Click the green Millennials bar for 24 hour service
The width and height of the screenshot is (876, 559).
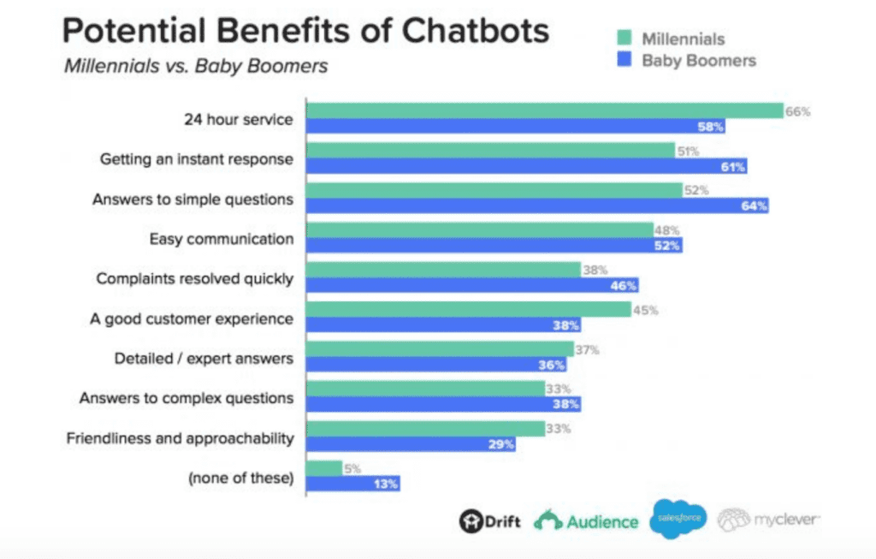(545, 110)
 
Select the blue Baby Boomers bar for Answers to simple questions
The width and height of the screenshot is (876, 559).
(537, 205)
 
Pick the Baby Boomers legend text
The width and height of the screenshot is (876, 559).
(699, 60)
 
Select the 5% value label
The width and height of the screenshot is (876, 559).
(351, 468)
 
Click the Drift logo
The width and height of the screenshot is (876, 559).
(490, 521)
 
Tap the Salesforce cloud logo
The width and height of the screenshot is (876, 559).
(678, 520)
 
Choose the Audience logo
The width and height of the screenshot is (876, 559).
(587, 521)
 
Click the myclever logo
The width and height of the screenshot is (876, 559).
(768, 520)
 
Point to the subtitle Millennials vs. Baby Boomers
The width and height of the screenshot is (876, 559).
(196, 66)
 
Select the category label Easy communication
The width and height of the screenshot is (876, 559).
(221, 239)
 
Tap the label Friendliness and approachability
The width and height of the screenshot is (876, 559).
(180, 438)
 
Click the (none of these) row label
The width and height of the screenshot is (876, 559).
(240, 479)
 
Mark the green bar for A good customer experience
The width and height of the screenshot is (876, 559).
(469, 309)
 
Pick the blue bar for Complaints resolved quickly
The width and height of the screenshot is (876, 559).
(472, 285)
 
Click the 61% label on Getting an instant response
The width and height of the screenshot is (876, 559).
(733, 167)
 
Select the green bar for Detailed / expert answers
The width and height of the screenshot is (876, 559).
(440, 349)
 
